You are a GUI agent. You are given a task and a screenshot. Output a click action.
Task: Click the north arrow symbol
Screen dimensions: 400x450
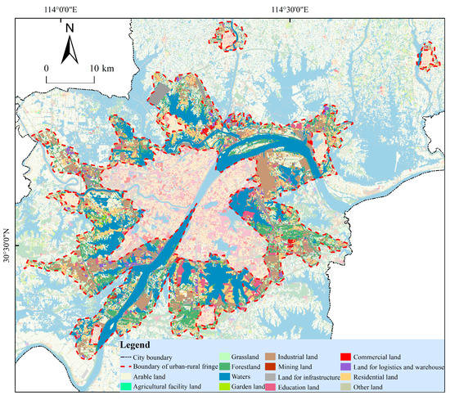coord(70,52)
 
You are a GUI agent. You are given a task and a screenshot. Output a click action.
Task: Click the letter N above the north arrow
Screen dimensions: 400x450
coord(70,29)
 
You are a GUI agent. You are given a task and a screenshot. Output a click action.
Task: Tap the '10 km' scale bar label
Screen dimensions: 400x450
coord(103,66)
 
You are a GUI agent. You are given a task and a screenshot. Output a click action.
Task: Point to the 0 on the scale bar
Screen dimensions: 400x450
coord(47,66)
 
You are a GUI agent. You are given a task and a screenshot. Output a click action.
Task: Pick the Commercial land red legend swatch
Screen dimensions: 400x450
coord(346,357)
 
